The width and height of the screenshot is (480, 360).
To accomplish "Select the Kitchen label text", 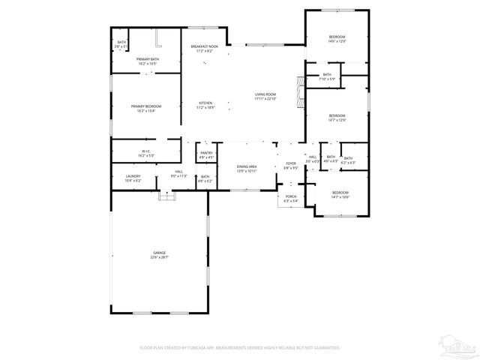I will click(205, 104).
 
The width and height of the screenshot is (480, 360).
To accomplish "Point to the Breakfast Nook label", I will click(204, 48).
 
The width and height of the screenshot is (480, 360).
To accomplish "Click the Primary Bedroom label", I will click(146, 108).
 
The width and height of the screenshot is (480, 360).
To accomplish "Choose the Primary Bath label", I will click(146, 61).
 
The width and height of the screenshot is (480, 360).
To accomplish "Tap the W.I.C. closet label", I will click(146, 153).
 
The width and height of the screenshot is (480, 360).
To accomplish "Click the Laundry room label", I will click(133, 178).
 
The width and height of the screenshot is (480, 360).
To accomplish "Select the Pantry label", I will click(206, 154).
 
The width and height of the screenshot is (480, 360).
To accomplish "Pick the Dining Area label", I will click(247, 168).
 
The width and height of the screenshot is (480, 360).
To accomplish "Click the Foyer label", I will click(291, 165).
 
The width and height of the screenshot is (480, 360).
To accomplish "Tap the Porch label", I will click(291, 199).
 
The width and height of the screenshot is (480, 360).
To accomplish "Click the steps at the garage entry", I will click(166, 195).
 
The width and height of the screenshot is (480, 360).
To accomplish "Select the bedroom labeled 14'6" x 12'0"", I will click(337, 39).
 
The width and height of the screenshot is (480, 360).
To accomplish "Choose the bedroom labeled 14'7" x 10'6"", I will click(340, 195).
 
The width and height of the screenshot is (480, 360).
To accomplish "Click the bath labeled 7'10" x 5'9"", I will click(327, 76).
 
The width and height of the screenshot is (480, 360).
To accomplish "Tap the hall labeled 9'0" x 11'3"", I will click(179, 174).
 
